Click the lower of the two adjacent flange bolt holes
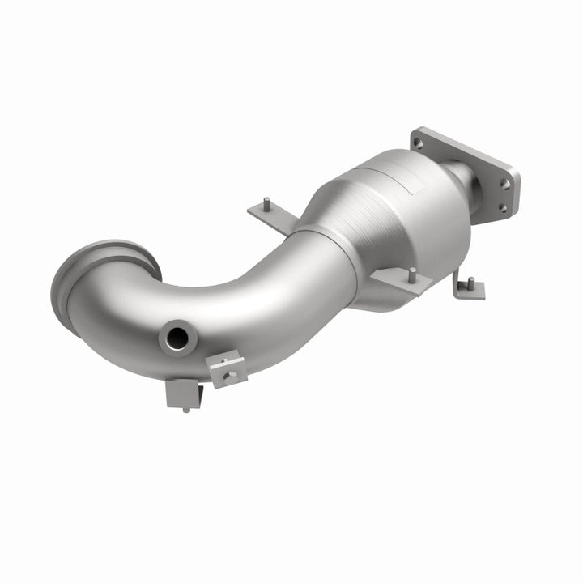(x=502, y=207)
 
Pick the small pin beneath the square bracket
(x=186, y=410)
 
